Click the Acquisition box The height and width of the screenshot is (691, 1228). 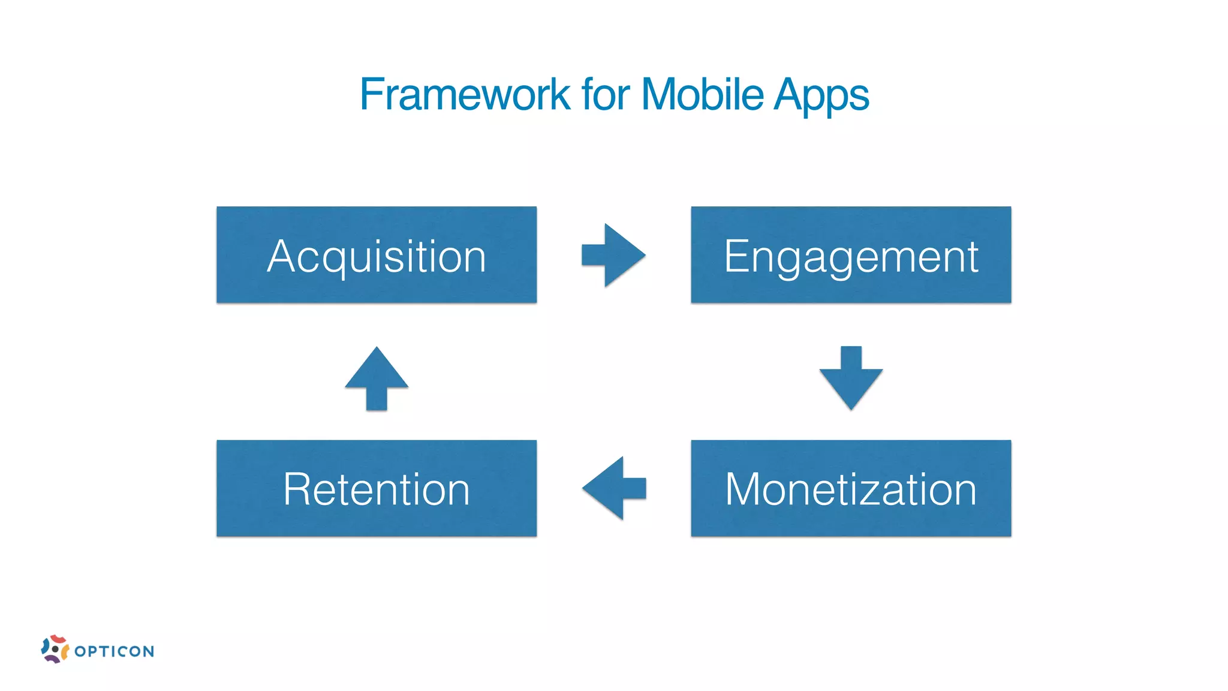377,255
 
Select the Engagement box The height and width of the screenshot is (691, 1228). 851,255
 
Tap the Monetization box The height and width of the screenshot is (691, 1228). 851,488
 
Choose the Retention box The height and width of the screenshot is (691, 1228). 377,488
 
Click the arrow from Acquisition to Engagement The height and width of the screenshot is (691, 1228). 613,255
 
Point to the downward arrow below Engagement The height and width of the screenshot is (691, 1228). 851,378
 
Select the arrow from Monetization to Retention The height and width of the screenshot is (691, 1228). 613,488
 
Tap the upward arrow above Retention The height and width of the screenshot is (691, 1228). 377,378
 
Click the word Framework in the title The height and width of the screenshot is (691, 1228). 465,95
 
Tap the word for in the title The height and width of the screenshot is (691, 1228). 606,95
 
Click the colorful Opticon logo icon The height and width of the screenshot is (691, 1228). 55,649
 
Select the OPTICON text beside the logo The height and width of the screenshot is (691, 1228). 115,651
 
